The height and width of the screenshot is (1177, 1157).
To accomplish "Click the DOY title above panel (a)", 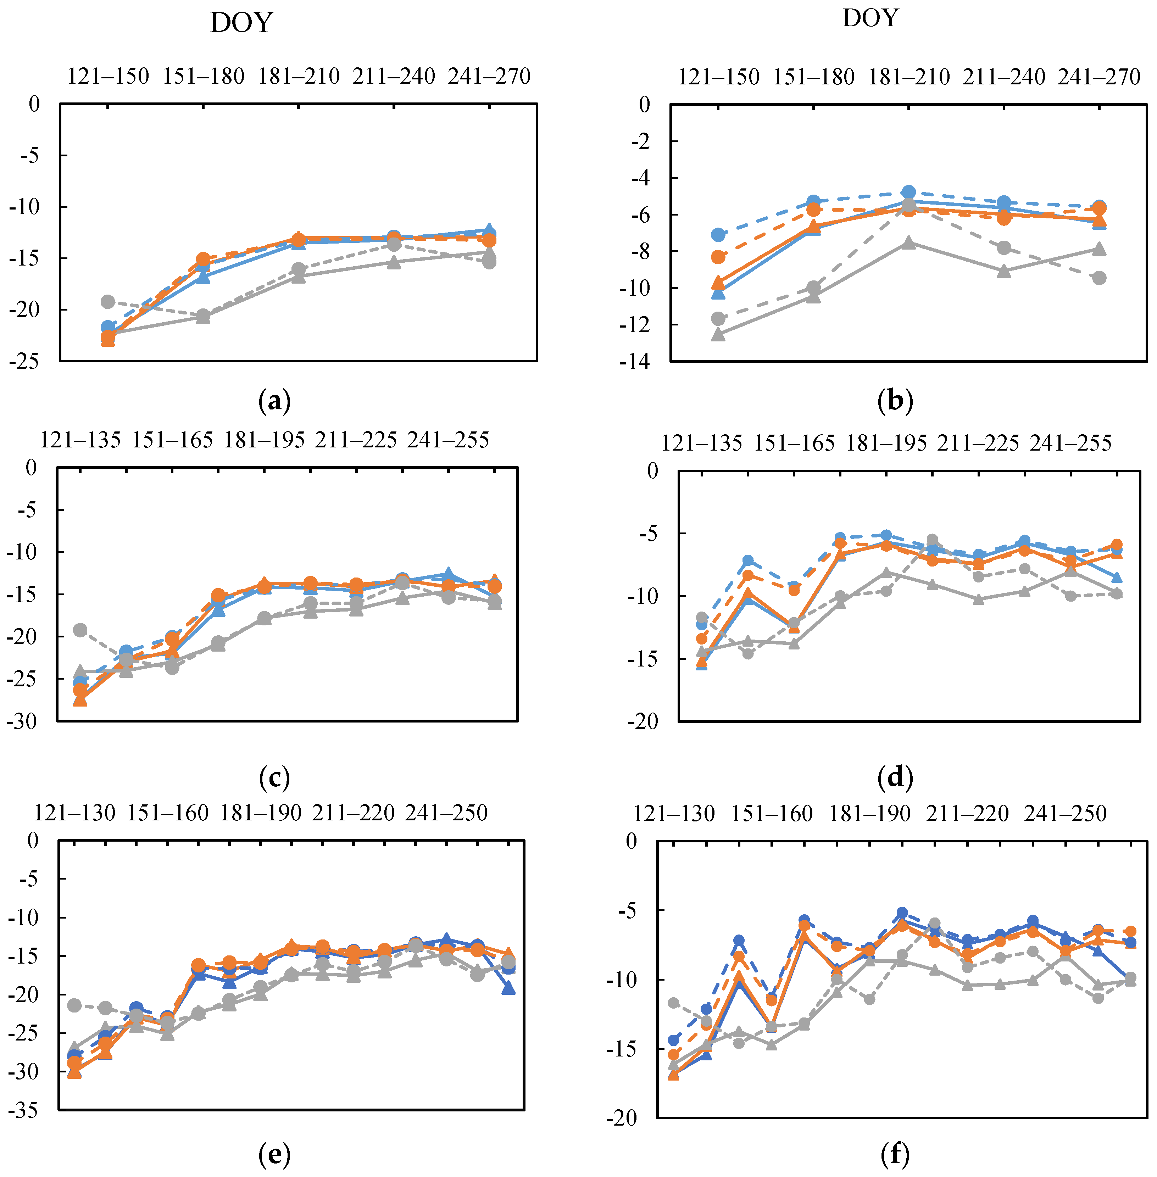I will point(241,23).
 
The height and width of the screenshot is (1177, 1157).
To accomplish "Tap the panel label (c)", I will point(274,777).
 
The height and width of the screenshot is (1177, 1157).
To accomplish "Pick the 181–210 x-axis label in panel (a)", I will point(299,77).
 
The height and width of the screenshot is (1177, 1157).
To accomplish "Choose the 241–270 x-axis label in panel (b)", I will point(1098,77).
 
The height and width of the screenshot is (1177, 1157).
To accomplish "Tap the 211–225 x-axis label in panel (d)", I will point(978,443).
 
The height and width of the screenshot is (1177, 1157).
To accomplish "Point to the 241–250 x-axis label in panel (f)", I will point(1065,813).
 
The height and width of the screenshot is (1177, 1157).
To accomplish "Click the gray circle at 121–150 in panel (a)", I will point(107,301).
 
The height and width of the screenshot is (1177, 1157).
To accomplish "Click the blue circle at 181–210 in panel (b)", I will point(908,192).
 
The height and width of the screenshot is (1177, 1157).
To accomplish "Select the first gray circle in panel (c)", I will point(80,630).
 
